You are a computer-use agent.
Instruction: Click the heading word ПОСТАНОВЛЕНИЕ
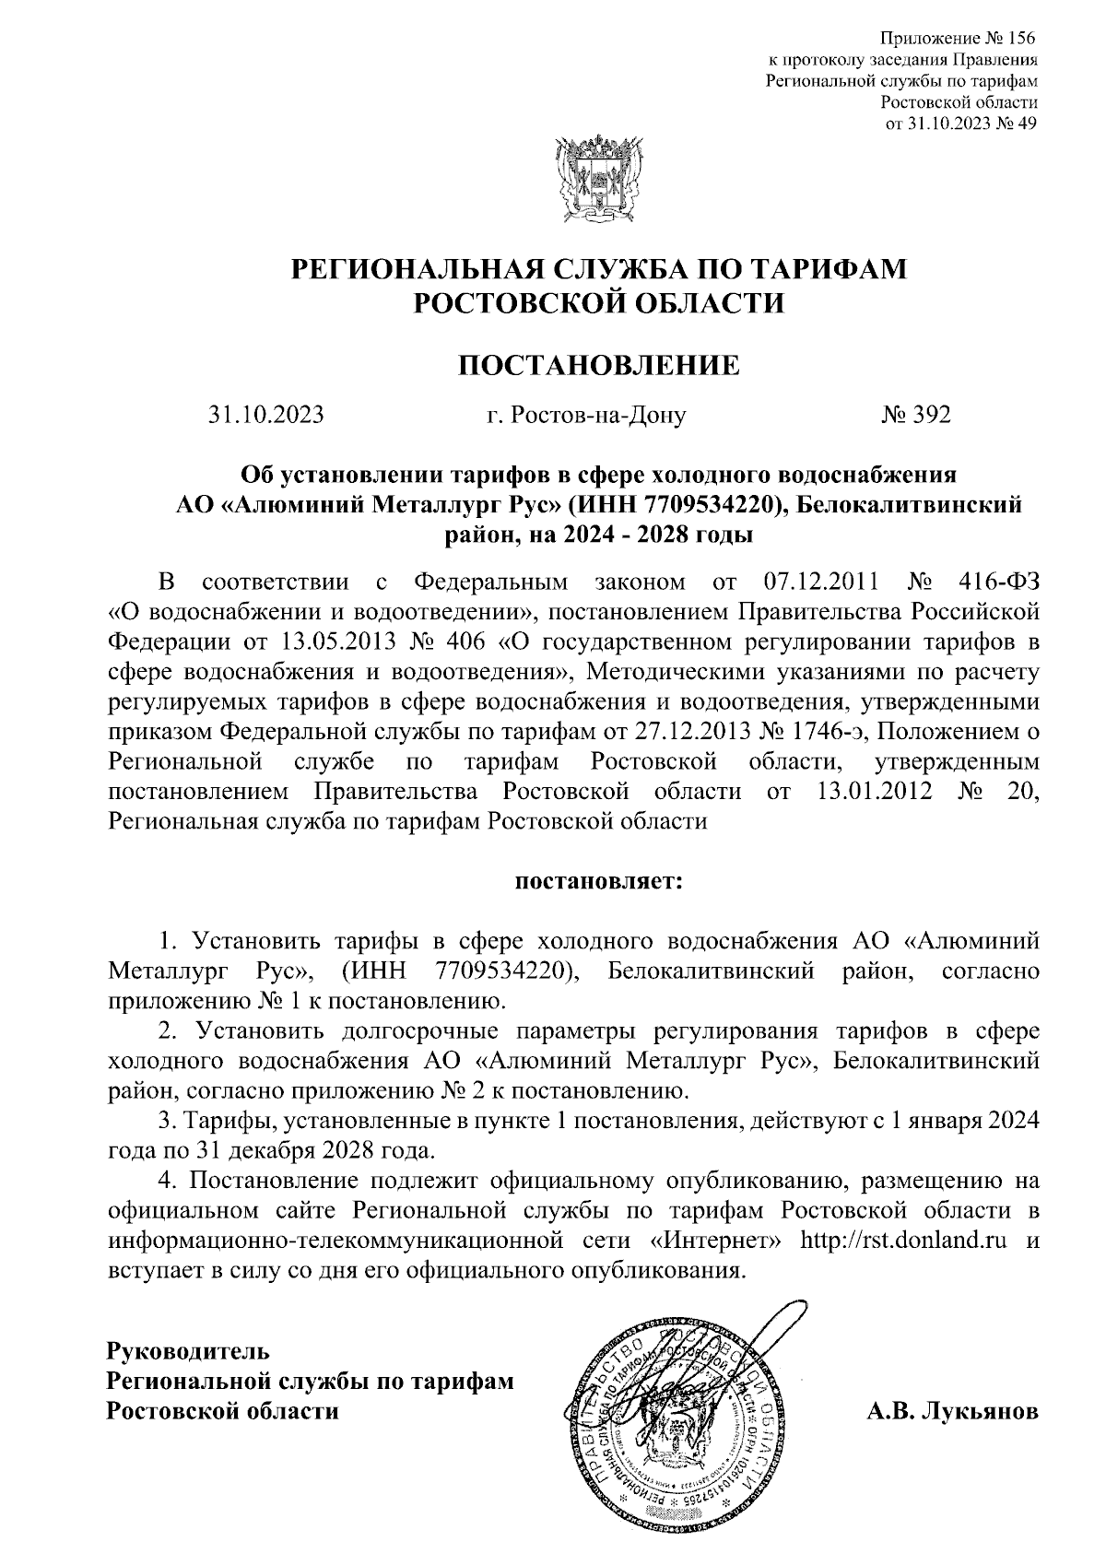(x=599, y=366)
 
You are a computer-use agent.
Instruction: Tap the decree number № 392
(x=915, y=416)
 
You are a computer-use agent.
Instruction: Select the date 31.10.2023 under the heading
(x=265, y=416)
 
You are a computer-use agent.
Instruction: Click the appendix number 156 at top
(x=1020, y=39)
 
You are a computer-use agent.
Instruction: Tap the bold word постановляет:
(x=598, y=882)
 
